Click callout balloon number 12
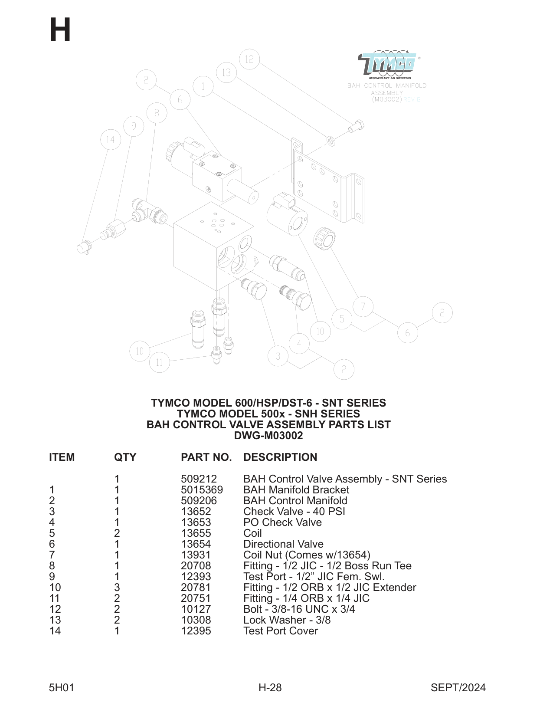pyautogui.click(x=249, y=59)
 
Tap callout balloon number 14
pyautogui.click(x=111, y=140)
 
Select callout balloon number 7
pyautogui.click(x=363, y=307)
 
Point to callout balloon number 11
pyautogui.click(x=159, y=362)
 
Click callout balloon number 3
pyautogui.click(x=278, y=356)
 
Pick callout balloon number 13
pyautogui.click(x=226, y=72)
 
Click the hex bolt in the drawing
pyautogui.click(x=356, y=127)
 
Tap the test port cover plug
pyautogui.click(x=84, y=248)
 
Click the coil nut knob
pyautogui.click(x=324, y=238)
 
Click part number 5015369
pyautogui.click(x=202, y=490)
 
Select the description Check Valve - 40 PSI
pyautogui.click(x=294, y=512)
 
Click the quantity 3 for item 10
pyautogui.click(x=117, y=588)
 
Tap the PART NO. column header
pyautogui.click(x=206, y=457)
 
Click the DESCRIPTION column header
pyautogui.click(x=280, y=457)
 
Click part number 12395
pyautogui.click(x=196, y=631)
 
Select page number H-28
pyautogui.click(x=270, y=687)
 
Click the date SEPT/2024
pyautogui.click(x=458, y=687)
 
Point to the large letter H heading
pyautogui.click(x=60, y=30)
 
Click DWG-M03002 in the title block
pyautogui.click(x=268, y=436)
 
